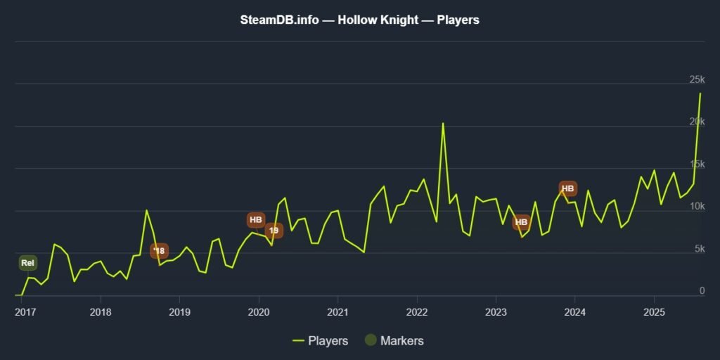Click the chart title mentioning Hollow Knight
click(x=359, y=20)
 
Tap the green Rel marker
click(x=27, y=263)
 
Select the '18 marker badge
click(x=159, y=251)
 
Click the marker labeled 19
click(x=274, y=230)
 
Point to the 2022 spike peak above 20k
click(x=443, y=124)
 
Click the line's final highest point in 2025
click(x=700, y=94)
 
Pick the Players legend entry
click(x=321, y=341)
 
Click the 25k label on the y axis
click(x=696, y=79)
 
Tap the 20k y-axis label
click(x=696, y=122)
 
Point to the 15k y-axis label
click(x=696, y=164)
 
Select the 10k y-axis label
click(x=696, y=206)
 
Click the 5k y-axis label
click(x=698, y=248)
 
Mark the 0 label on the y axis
click(x=702, y=290)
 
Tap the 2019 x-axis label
click(x=180, y=312)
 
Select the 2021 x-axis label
click(x=338, y=312)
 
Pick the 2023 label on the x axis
click(x=496, y=312)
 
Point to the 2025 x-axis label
click(x=654, y=312)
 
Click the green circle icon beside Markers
click(x=370, y=341)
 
